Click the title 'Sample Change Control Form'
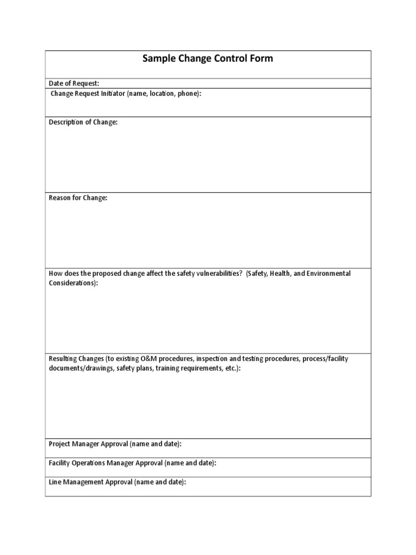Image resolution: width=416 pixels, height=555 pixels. (207, 59)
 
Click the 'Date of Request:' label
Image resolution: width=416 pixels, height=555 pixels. (74, 83)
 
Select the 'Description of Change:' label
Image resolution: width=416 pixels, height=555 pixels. (83, 122)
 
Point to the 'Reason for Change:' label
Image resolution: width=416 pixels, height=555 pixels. (78, 198)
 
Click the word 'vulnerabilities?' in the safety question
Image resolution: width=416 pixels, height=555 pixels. (217, 273)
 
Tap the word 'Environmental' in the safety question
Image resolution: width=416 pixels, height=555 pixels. (328, 273)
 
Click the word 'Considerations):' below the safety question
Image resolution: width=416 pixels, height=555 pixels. (74, 283)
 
